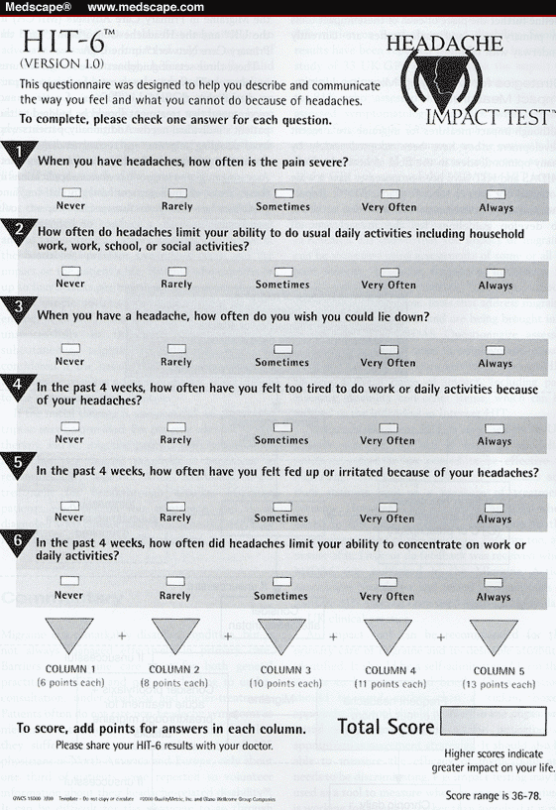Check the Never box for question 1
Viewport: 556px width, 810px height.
point(70,192)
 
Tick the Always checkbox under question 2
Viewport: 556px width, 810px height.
point(496,271)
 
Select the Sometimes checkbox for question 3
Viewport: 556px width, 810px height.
point(282,349)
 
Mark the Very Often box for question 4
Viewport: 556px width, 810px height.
point(388,426)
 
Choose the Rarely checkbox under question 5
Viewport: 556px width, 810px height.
point(175,505)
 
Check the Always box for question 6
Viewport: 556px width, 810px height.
point(494,583)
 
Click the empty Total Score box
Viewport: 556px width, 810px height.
point(493,726)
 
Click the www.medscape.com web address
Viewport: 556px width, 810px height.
point(146,7)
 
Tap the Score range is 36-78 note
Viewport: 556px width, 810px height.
point(499,795)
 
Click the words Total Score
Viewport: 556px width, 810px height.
point(386,727)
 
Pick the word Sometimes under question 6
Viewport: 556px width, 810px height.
point(281,597)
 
